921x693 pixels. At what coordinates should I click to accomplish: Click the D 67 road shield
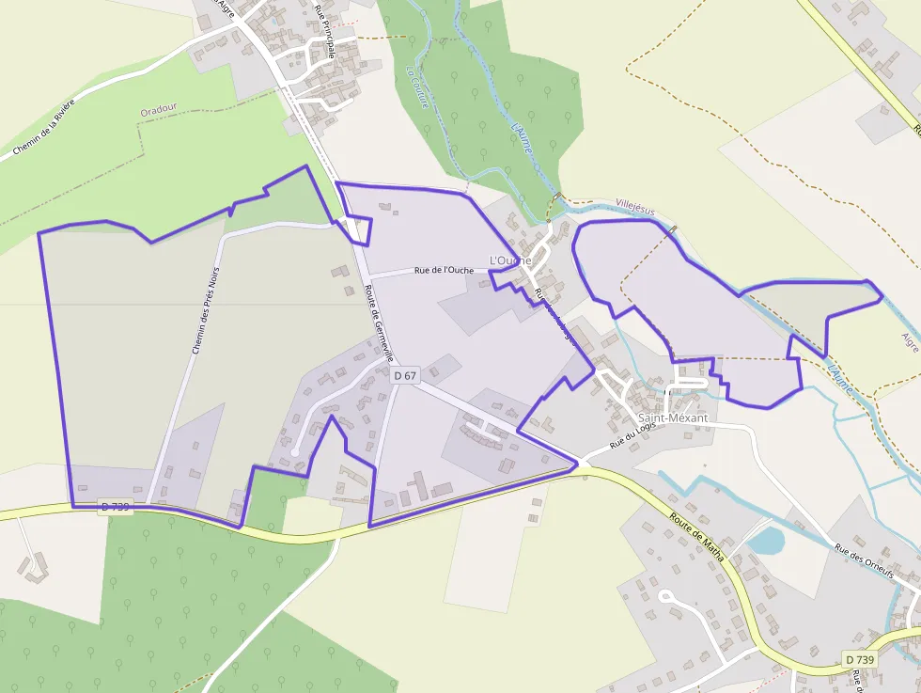click(405, 375)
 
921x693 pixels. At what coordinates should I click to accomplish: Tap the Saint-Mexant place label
click(673, 417)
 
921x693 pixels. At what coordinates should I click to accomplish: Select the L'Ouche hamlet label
click(510, 260)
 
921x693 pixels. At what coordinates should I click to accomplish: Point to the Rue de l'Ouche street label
click(444, 270)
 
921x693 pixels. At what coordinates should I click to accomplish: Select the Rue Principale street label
click(325, 30)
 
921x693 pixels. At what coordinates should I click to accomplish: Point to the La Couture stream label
click(418, 87)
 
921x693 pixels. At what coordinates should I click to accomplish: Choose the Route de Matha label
click(697, 537)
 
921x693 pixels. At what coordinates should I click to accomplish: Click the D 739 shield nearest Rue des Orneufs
click(859, 659)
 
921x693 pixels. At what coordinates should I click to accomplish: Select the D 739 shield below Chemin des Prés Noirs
click(115, 506)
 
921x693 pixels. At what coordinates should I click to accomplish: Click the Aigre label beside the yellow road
click(909, 341)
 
